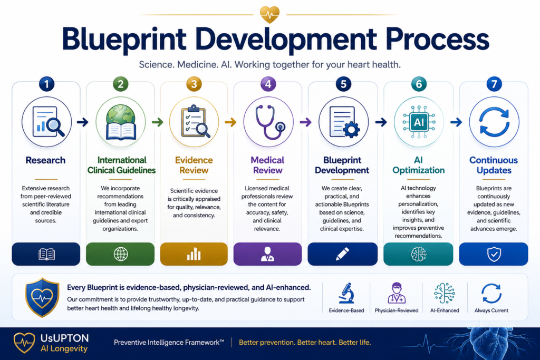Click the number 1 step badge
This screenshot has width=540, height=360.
[46, 84]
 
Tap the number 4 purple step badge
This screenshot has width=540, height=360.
[268, 84]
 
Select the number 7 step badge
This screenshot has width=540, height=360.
[494, 84]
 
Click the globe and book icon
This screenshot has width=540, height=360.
[121, 122]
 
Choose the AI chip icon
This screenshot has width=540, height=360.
[419, 122]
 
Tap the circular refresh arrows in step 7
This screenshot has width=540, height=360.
[494, 122]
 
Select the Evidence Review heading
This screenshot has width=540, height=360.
[194, 165]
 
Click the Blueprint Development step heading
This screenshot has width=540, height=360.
[342, 165]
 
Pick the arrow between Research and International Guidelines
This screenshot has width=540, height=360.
[83, 122]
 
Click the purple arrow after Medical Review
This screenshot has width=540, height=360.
[305, 122]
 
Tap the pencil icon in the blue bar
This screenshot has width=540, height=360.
[342, 254]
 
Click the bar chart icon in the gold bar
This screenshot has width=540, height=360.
[194, 254]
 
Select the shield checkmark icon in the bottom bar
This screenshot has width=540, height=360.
[494, 255]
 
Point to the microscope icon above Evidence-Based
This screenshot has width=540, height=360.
[346, 293]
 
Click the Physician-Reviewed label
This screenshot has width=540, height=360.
[397, 310]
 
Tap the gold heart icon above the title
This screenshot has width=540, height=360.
[269, 14]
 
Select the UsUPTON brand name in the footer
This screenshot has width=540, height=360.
[64, 338]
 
